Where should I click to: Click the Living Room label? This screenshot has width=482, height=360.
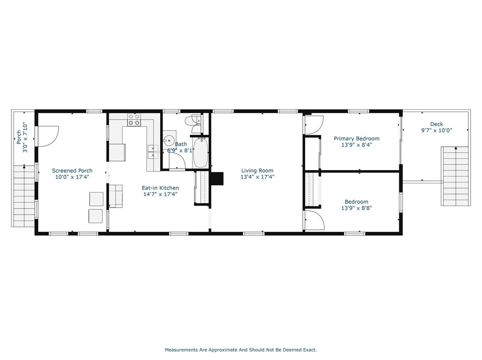tap(257, 171)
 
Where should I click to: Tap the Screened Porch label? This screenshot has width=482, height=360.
tap(72, 171)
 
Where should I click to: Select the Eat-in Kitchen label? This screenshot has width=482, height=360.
tap(160, 188)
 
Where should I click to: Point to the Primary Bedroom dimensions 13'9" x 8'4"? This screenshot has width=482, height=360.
tap(357, 145)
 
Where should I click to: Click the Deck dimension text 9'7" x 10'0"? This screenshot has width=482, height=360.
tap(436, 130)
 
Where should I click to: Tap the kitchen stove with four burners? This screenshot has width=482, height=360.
tap(134, 120)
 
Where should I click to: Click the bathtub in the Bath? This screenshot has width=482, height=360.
tap(201, 152)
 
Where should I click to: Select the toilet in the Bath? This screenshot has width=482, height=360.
tap(193, 120)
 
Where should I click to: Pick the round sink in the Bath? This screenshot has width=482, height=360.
tap(168, 141)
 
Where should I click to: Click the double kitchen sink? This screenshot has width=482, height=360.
tap(153, 152)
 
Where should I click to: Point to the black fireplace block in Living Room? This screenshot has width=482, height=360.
tap(217, 179)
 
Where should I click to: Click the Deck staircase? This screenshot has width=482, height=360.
tap(454, 176)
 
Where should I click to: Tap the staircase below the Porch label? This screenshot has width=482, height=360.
tap(24, 196)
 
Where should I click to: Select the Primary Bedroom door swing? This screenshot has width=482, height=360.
tap(314, 125)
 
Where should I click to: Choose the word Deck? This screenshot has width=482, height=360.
tap(436, 124)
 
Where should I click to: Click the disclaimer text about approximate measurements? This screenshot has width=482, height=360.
tap(241, 350)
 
